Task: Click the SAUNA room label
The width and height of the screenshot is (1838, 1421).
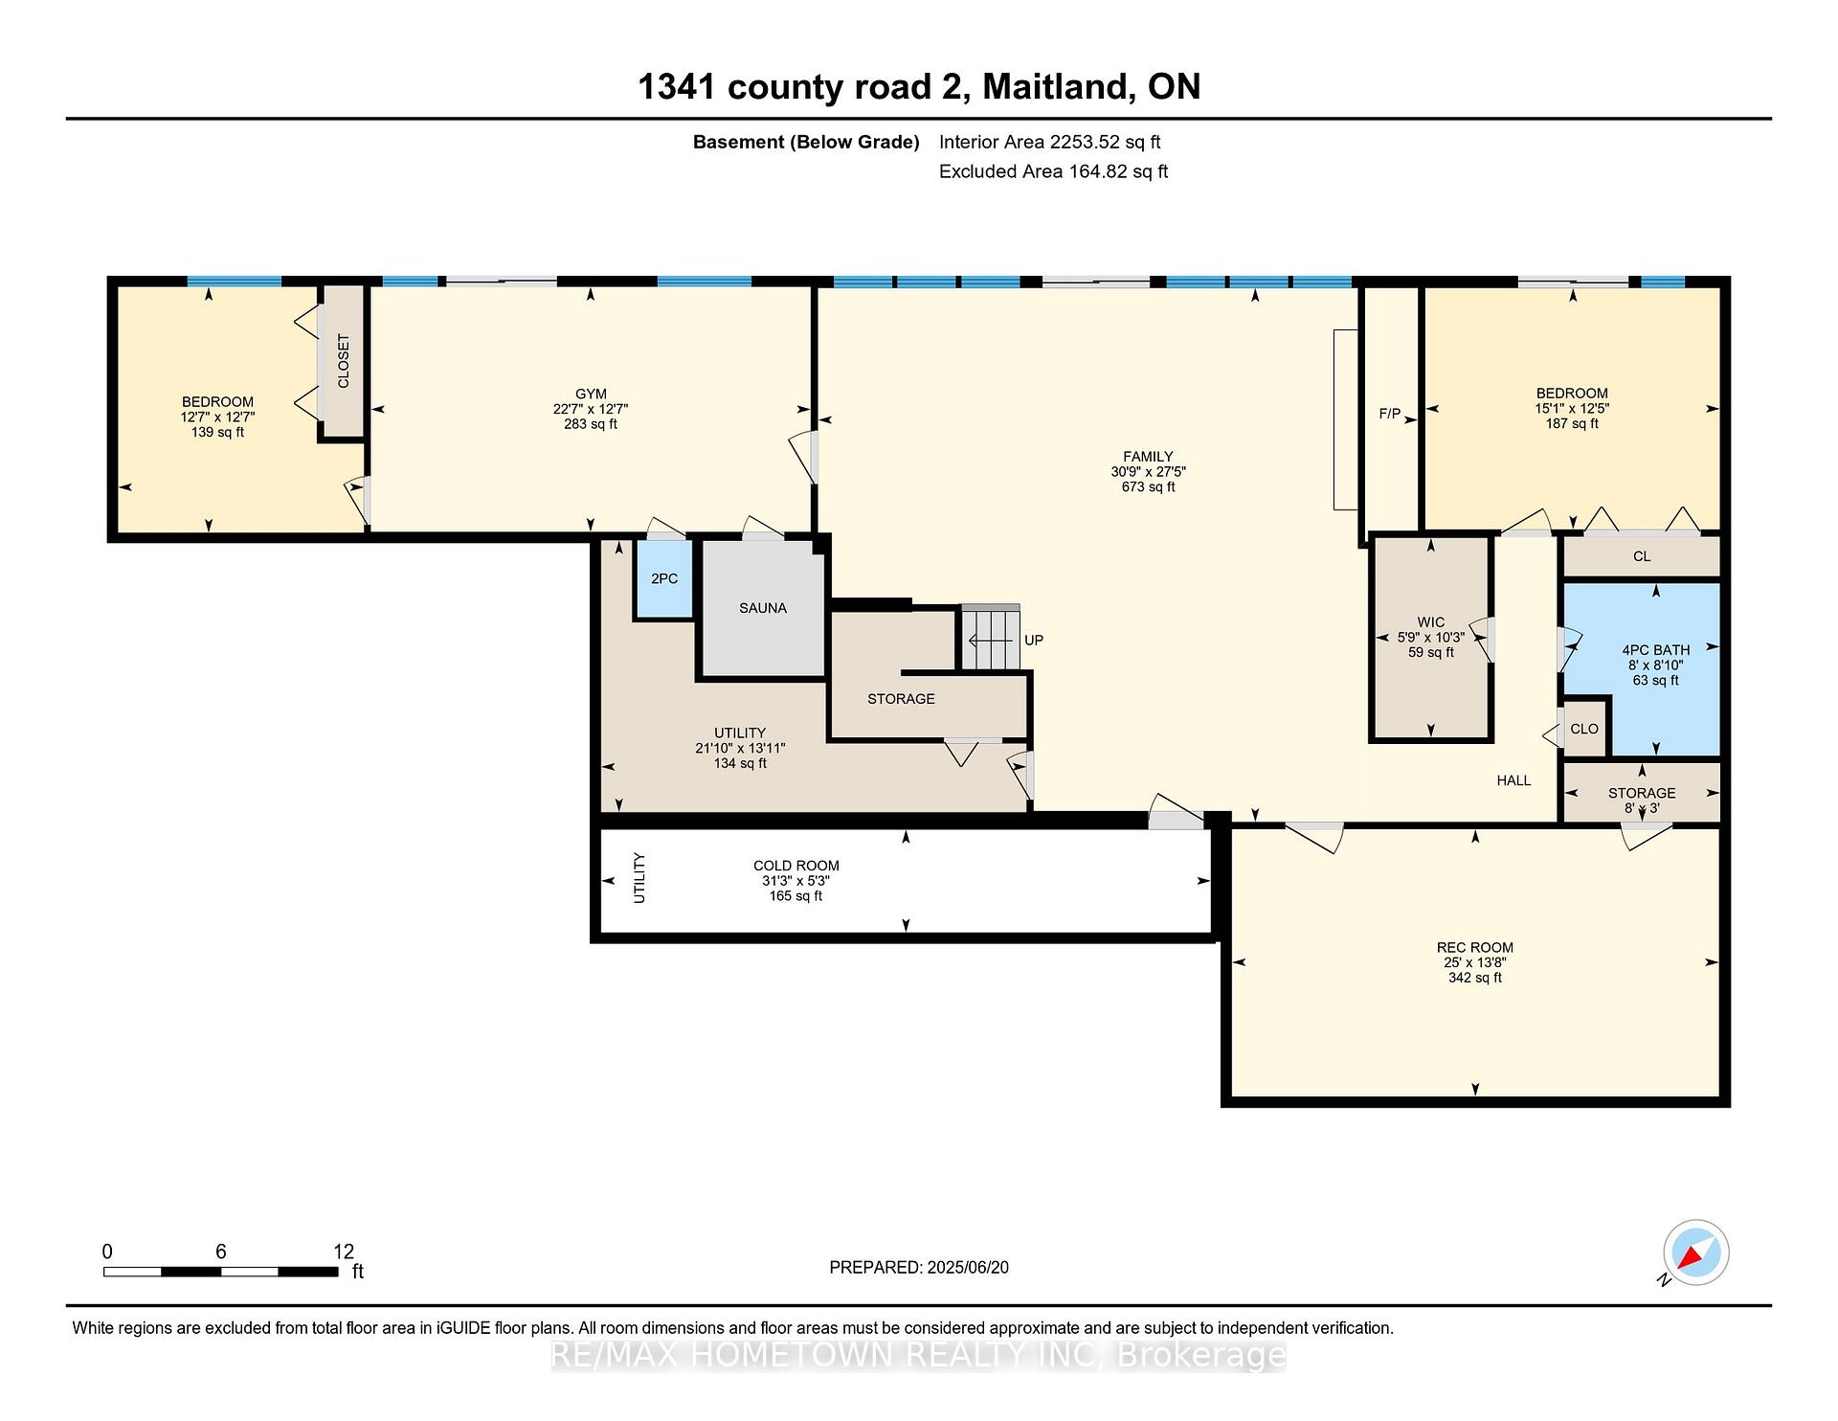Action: tap(763, 608)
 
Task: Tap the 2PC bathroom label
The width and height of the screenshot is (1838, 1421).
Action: tap(664, 579)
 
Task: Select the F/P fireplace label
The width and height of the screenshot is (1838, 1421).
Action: tap(1390, 415)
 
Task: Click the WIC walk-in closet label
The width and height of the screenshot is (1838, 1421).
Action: tap(1431, 622)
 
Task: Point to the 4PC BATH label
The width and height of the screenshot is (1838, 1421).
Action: tap(1656, 650)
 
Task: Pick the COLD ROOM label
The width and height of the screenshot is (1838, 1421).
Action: tap(796, 866)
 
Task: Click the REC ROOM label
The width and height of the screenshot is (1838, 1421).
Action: tap(1475, 948)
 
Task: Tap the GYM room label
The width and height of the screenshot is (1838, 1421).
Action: tap(591, 394)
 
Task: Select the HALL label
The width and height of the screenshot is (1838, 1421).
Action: tap(1513, 780)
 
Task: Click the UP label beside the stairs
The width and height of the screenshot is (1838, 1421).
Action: tap(1034, 640)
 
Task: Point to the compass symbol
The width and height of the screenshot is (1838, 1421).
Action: tap(1695, 1252)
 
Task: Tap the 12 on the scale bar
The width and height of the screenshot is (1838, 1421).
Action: tap(344, 1252)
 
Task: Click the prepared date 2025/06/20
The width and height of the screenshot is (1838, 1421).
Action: tap(968, 1268)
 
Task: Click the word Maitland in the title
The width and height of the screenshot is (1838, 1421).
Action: tap(1054, 87)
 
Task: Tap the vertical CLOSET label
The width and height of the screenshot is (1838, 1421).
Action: tap(344, 361)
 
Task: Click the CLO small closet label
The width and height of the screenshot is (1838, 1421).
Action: tap(1584, 729)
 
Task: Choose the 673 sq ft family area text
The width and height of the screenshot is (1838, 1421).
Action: tap(1149, 487)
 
